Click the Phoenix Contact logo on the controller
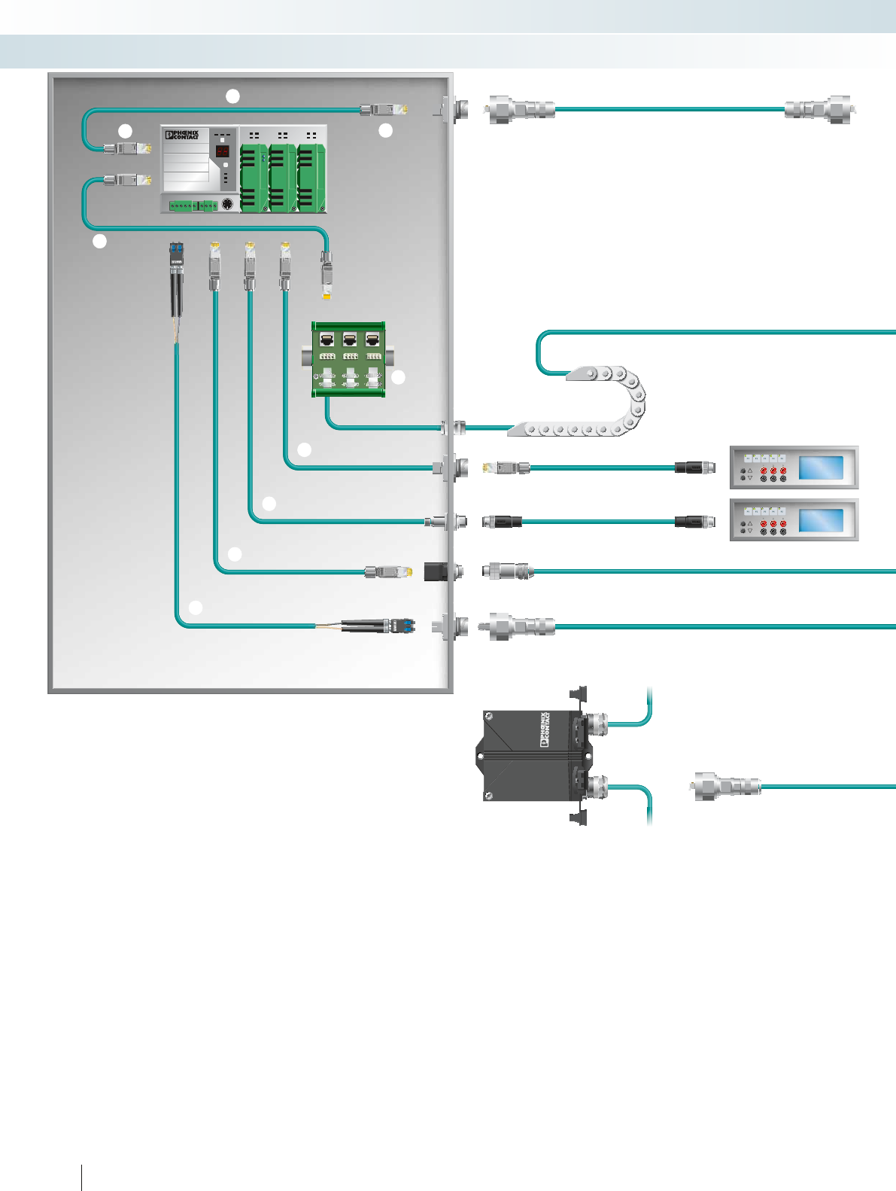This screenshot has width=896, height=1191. [x=182, y=135]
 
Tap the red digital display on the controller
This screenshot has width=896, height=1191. [x=223, y=151]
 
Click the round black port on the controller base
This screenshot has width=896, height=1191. [x=226, y=204]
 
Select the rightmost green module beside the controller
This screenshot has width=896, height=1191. [x=311, y=178]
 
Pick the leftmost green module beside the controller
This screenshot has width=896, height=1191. [x=254, y=178]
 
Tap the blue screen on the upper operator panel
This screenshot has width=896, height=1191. [x=820, y=468]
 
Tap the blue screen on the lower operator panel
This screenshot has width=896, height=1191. [x=820, y=520]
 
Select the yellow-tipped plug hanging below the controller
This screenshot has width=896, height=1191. [x=327, y=277]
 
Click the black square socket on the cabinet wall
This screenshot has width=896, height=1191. [x=436, y=571]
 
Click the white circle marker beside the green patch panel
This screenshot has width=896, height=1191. [x=398, y=377]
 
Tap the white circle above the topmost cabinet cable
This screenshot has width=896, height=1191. [x=233, y=96]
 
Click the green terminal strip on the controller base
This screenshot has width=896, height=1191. [x=193, y=205]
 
